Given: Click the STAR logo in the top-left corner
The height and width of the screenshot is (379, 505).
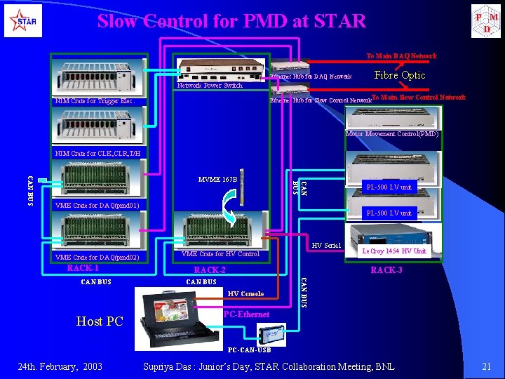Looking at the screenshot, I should [x=23, y=22].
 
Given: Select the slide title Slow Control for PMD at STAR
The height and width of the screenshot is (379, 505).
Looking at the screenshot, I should [x=231, y=21].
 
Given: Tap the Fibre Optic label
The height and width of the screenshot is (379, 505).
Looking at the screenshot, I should [x=400, y=75].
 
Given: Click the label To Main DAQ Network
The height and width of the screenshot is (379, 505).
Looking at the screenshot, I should [x=401, y=56].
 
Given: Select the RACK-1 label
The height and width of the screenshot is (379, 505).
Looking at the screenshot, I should [x=83, y=268].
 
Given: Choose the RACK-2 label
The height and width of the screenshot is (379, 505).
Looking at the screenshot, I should [x=210, y=270].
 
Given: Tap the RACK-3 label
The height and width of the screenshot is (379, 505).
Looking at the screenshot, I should [x=386, y=270].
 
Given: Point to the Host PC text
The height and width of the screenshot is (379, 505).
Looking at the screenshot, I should [x=100, y=321].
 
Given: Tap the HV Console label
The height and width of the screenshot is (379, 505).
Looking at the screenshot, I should [x=246, y=293].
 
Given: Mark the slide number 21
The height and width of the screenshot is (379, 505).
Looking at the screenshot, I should [x=486, y=366].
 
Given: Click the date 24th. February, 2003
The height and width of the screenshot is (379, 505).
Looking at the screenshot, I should [x=60, y=366].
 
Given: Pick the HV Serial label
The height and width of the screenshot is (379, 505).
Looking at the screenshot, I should [x=325, y=245].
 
